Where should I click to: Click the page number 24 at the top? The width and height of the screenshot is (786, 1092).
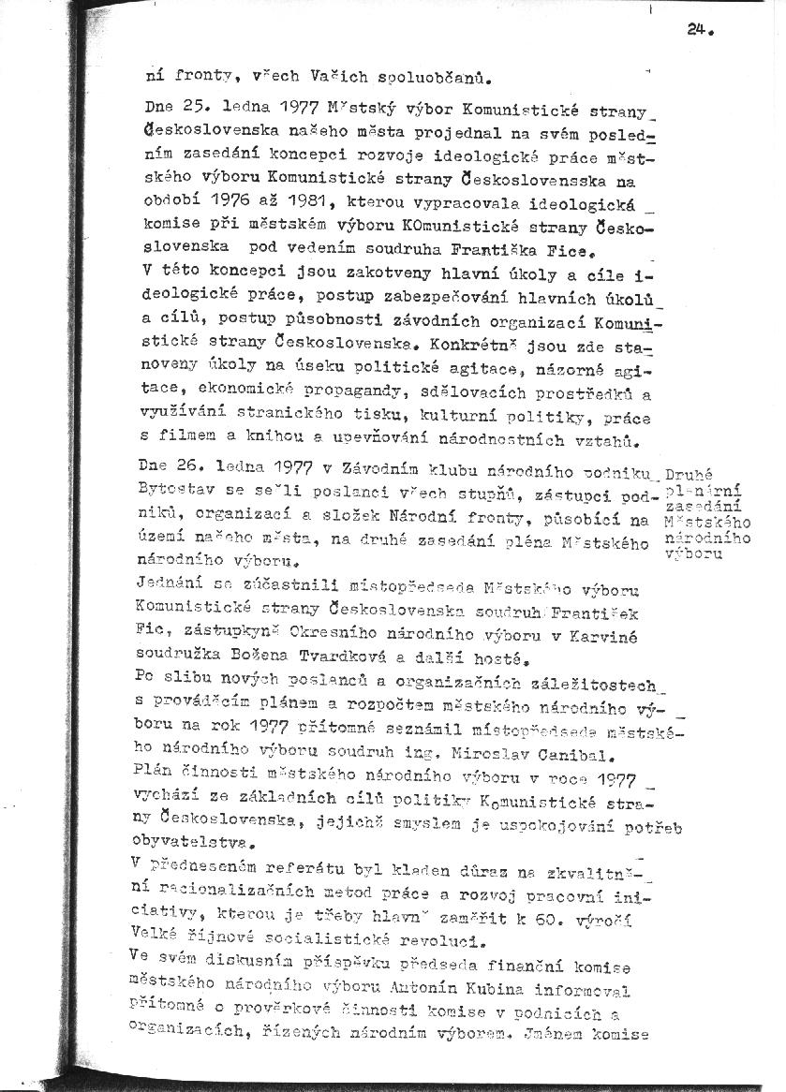pyautogui.click(x=695, y=29)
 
